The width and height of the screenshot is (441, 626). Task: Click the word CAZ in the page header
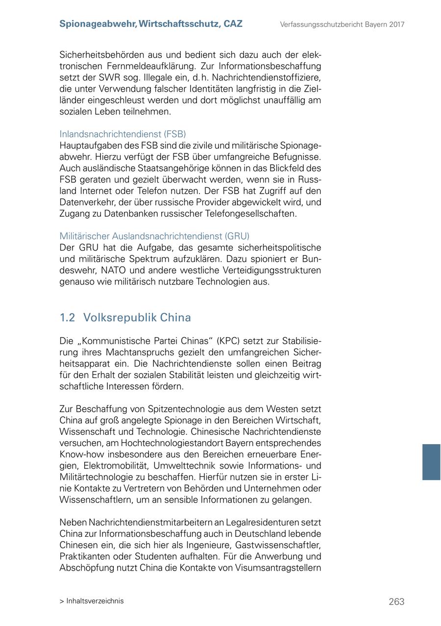[x=233, y=24]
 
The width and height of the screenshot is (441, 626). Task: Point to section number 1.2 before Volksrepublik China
[x=67, y=318]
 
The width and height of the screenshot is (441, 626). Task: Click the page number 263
[x=396, y=601]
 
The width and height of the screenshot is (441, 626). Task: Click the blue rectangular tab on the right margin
[x=431, y=462]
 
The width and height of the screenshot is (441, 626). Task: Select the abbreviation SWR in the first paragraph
[x=109, y=77]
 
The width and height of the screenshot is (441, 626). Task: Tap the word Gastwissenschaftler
[x=278, y=545]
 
